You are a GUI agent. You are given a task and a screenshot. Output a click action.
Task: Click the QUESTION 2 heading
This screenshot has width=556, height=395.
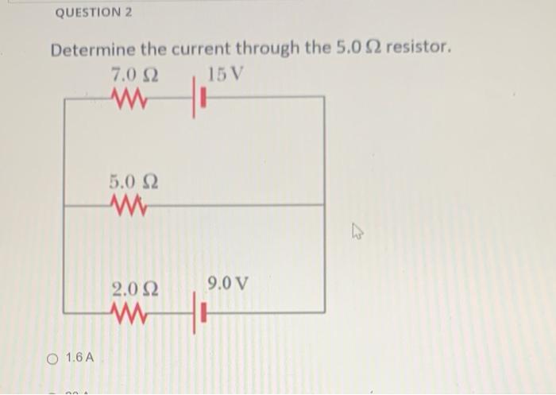point(95,13)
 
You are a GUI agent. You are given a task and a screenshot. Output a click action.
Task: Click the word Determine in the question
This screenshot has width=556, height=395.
point(93,49)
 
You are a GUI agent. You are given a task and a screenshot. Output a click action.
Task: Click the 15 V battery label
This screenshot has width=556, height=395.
point(226,76)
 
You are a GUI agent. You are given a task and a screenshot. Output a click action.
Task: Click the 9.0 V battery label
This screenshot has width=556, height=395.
point(227,283)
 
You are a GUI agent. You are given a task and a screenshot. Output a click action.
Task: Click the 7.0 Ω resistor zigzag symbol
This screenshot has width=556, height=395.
point(129,99)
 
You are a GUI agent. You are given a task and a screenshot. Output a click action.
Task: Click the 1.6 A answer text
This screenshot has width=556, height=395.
point(79,358)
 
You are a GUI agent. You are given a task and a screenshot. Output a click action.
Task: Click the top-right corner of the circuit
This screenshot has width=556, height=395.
point(324,97)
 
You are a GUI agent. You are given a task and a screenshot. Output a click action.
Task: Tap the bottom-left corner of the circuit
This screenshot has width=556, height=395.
point(64,312)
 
